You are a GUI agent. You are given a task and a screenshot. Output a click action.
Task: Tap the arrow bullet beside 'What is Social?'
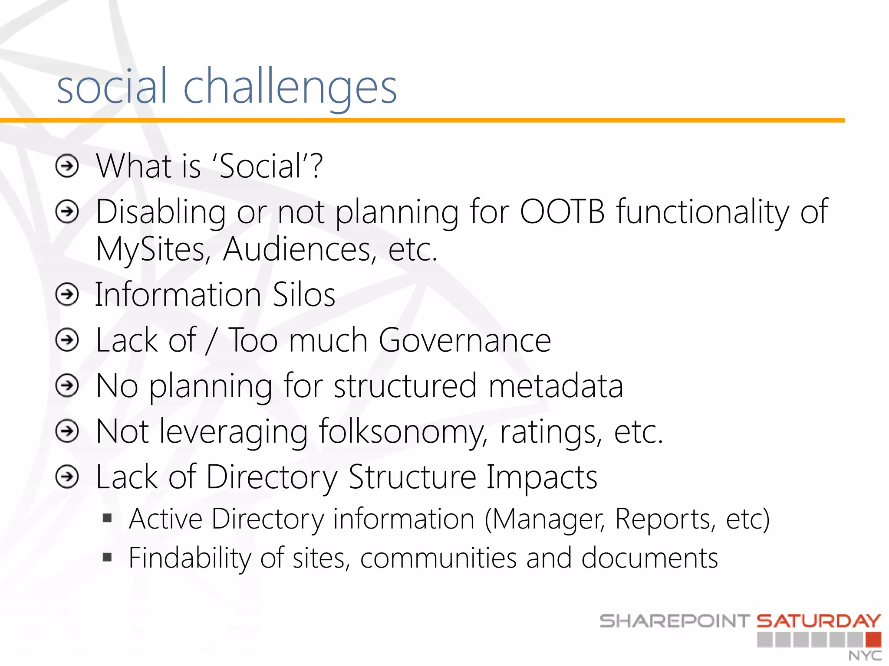click(x=67, y=166)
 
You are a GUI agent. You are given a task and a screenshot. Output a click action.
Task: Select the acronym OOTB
click(x=562, y=212)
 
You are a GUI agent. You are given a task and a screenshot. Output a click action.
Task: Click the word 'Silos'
click(x=304, y=295)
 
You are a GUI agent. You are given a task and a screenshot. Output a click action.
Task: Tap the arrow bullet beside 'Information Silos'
click(x=67, y=295)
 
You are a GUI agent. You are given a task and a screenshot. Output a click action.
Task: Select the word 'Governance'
click(x=464, y=340)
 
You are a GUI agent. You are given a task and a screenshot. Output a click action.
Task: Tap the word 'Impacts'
click(x=541, y=477)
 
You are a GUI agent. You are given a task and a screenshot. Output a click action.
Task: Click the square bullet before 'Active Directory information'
click(x=107, y=518)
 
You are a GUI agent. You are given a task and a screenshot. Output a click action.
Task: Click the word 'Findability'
click(x=190, y=558)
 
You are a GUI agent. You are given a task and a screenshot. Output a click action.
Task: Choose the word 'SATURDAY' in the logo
click(x=819, y=621)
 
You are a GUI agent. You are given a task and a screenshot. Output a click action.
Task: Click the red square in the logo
click(x=873, y=640)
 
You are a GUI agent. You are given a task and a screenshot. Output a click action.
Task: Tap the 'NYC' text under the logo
click(x=865, y=656)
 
